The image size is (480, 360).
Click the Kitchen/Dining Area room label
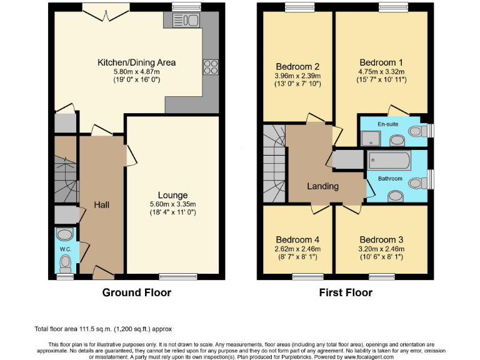[x=136, y=62]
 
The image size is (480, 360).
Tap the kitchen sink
[x=186, y=20]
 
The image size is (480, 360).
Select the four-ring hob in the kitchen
[x=211, y=67]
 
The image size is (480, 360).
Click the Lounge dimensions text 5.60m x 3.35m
[x=173, y=204]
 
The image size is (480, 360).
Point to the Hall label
[x=102, y=205]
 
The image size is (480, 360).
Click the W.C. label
[x=66, y=249]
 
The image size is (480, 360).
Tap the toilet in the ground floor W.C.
[x=65, y=264]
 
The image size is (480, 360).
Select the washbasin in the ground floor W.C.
[x=65, y=235]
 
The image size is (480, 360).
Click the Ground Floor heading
[x=136, y=292]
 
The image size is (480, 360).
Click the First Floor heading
[x=346, y=292]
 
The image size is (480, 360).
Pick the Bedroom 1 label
[x=381, y=62]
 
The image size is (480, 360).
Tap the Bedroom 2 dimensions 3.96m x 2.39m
[x=297, y=76]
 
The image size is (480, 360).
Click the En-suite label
[x=388, y=124]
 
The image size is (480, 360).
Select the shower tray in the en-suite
[x=371, y=138]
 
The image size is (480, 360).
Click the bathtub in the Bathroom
[x=389, y=161]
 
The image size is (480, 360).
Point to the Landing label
[x=323, y=186]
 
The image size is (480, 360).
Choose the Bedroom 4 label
[x=297, y=240]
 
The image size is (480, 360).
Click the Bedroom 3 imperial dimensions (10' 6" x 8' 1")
[x=381, y=257]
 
